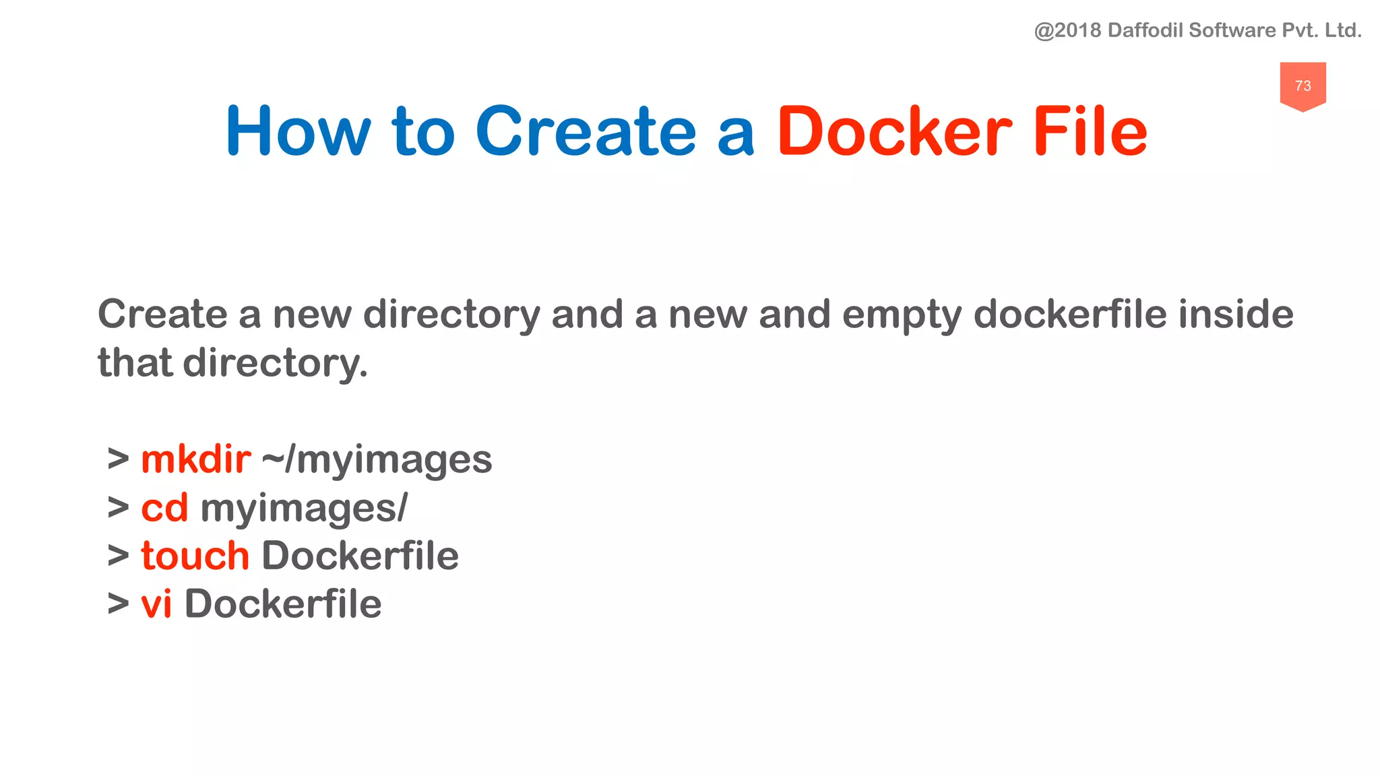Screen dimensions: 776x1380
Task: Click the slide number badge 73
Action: pos(1303,86)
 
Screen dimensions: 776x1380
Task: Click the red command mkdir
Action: pos(196,459)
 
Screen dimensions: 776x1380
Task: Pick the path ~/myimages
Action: pos(377,461)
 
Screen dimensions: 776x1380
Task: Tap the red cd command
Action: pos(164,508)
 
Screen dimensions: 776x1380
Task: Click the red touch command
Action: pos(195,556)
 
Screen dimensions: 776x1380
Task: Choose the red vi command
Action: pos(156,604)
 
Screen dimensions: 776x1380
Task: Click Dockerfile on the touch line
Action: pos(360,556)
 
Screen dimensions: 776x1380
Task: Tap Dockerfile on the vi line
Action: pos(283,604)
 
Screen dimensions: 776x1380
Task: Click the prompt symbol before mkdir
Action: pos(119,459)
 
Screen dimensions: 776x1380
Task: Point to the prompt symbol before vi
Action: pos(119,604)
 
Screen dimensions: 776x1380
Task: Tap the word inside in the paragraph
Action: pos(1236,315)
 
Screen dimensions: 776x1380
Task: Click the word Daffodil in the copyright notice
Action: pos(1145,30)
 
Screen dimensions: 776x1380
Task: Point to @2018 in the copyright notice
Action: pos(1067,30)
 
